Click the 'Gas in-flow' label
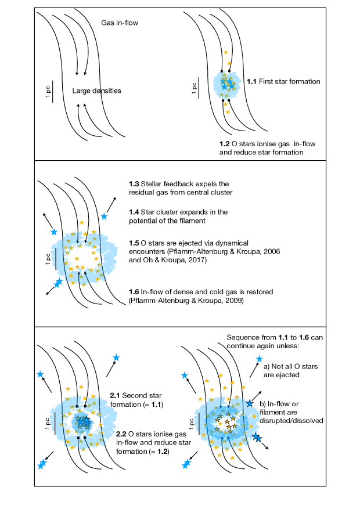[119, 23]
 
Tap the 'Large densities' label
[96, 91]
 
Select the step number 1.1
[252, 82]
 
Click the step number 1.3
[134, 184]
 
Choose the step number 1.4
[134, 212]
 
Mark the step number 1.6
[134, 292]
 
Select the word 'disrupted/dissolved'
[290, 421]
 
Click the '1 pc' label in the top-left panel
[48, 91]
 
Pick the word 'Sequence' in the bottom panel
[243, 337]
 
